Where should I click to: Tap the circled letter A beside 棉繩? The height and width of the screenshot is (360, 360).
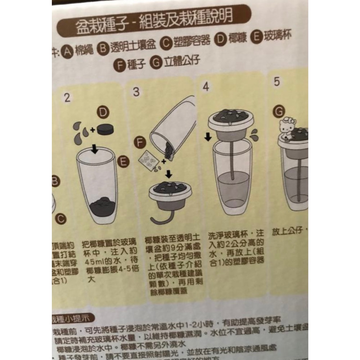point(68,53)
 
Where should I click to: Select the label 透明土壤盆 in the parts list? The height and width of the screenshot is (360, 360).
point(133,48)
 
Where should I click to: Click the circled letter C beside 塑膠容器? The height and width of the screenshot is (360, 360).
point(165,42)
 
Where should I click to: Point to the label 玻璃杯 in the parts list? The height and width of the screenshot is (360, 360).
point(277,36)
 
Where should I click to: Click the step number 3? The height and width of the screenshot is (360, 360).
point(136,92)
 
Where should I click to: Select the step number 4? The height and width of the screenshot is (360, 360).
point(206,87)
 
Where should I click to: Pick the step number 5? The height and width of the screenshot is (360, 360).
point(276,82)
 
